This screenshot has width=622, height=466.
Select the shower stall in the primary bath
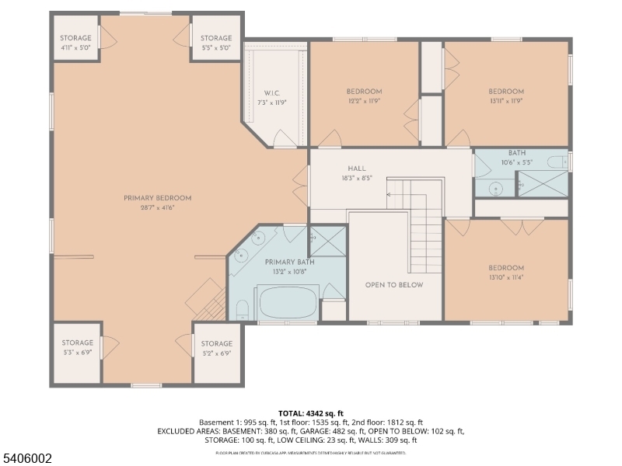click(327, 241)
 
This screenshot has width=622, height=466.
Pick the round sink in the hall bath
click(494, 188)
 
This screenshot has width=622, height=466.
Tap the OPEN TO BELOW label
click(394, 285)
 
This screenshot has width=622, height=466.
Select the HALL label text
click(357, 169)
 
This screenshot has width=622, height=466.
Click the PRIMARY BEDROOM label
click(157, 198)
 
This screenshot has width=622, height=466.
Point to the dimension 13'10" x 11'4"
click(506, 277)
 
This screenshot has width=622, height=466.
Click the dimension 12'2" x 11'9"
click(364, 101)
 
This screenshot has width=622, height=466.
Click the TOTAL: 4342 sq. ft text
click(310, 413)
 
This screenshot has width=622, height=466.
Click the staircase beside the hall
click(424, 225)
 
